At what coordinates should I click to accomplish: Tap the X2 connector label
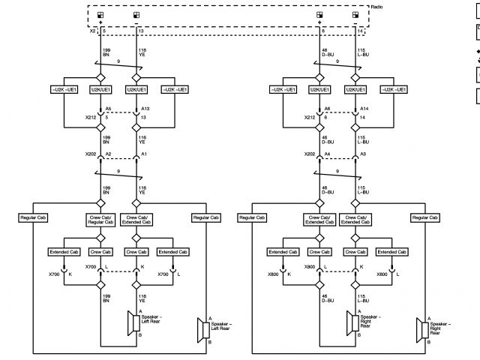93,32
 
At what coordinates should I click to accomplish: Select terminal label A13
145,109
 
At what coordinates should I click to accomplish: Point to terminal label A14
364,109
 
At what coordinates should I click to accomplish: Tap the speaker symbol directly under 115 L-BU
351,323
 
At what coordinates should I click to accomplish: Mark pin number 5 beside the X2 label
104,32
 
